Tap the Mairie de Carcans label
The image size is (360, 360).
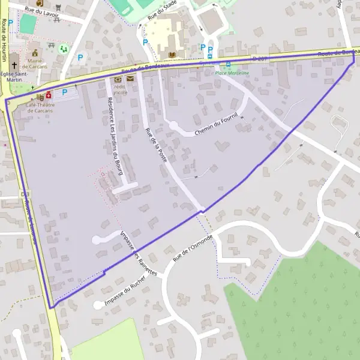point(35,62)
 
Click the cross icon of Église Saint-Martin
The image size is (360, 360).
point(14,64)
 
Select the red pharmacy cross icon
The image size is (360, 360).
point(49,94)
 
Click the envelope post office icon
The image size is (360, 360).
point(130,79)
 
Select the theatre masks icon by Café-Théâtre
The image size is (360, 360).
point(40,96)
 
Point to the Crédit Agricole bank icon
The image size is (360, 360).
point(118,79)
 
